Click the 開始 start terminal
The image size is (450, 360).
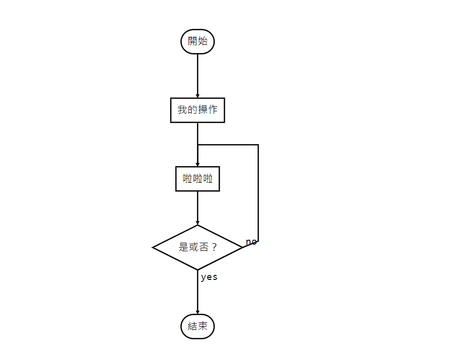tap(198, 41)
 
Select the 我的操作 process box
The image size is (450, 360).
tap(198, 110)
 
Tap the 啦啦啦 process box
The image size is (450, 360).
tap(198, 179)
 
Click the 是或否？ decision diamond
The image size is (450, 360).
tap(198, 247)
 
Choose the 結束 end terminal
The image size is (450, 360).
tap(198, 326)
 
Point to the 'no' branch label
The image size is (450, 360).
tap(251, 242)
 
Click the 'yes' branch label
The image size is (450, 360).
tap(209, 277)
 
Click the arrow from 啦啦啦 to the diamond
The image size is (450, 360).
tap(198, 207)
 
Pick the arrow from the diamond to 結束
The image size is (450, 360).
tap(198, 292)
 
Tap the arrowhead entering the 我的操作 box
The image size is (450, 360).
tap(198, 95)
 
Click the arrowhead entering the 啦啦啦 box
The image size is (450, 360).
tap(198, 164)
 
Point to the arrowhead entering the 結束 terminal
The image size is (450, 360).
tap(198, 311)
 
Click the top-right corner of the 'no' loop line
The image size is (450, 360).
tap(259, 145)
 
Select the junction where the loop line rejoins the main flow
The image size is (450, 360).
tap(198, 145)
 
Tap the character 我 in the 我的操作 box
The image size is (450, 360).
tap(182, 110)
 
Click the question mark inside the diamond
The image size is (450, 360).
tap(214, 247)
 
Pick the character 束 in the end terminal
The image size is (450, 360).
tap(203, 326)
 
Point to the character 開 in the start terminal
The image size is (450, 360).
tap(192, 41)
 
